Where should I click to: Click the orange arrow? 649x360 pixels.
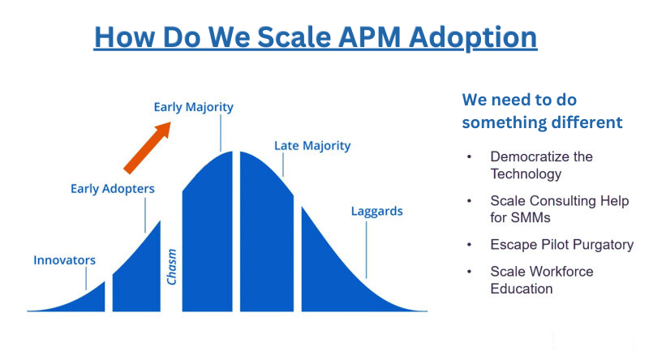click(148, 148)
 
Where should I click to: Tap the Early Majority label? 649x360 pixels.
click(193, 107)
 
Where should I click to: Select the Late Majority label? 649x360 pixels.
click(312, 146)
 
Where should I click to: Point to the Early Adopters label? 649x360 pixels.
click(113, 189)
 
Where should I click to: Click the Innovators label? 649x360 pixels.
click(64, 260)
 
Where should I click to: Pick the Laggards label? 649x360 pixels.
click(376, 211)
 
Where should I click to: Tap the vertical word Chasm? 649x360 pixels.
click(171, 267)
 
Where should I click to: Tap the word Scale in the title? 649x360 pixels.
click(294, 37)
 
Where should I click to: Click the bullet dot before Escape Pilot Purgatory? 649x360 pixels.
click(470, 245)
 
